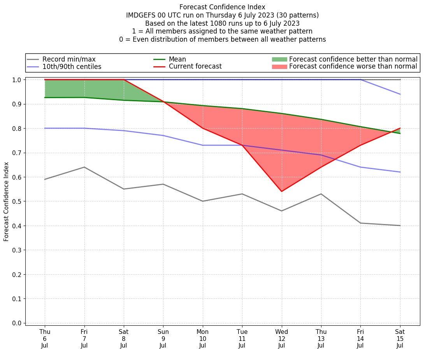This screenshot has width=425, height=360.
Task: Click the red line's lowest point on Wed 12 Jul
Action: pyautogui.click(x=281, y=191)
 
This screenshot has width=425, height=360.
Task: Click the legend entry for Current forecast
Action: pyautogui.click(x=195, y=67)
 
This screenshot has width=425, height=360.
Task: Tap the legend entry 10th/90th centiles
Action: pyautogui.click(x=72, y=67)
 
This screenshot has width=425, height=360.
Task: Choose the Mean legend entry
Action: pyautogui.click(x=177, y=59)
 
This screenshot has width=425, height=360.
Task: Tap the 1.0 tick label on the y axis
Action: pyautogui.click(x=17, y=80)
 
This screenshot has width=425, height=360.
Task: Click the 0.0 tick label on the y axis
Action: pyautogui.click(x=17, y=323)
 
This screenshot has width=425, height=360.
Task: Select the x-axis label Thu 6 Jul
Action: pyautogui.click(x=45, y=339)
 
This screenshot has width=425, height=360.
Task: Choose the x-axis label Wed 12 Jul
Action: pyautogui.click(x=281, y=339)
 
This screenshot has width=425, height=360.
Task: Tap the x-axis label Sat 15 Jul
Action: pyautogui.click(x=400, y=339)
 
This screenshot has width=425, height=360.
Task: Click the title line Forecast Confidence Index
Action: pyautogui.click(x=222, y=7)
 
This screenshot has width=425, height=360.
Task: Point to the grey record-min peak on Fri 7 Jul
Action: pyautogui.click(x=84, y=167)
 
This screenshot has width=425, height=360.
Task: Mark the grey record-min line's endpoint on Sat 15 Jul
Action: pyautogui.click(x=400, y=226)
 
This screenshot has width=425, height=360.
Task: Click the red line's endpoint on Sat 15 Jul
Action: pyautogui.click(x=400, y=128)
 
